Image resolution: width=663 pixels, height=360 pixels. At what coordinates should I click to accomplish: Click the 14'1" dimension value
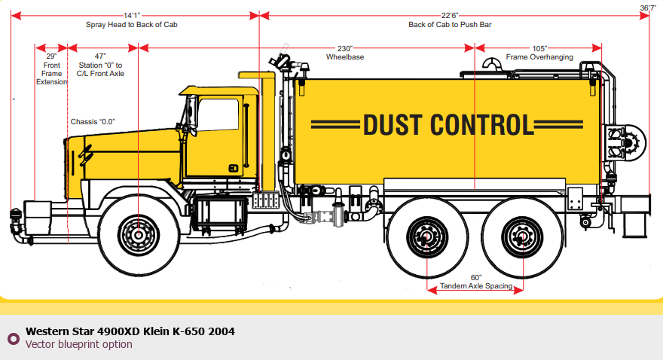(x=132, y=16)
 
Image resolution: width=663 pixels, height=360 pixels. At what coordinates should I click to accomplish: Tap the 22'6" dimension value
(x=450, y=16)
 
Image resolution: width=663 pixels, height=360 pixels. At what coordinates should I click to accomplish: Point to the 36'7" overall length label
(x=648, y=8)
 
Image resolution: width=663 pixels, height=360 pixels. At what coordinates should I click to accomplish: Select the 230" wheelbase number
(x=345, y=48)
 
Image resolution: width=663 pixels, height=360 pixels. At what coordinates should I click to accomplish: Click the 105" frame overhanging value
(x=539, y=48)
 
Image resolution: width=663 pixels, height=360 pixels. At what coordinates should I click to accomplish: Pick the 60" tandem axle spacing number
(x=476, y=278)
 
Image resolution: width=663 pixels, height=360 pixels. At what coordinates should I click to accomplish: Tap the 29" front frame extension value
(x=51, y=56)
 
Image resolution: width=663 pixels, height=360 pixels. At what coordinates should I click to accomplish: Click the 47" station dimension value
(x=100, y=56)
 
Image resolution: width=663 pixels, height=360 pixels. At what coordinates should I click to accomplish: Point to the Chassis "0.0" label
(x=93, y=122)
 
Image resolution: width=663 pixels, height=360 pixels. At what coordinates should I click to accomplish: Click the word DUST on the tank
(x=393, y=125)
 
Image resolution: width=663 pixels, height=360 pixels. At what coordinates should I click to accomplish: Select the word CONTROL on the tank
(x=482, y=125)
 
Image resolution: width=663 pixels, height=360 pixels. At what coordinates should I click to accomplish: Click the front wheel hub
(x=139, y=235)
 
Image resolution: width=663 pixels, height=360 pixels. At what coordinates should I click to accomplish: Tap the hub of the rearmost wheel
(x=523, y=236)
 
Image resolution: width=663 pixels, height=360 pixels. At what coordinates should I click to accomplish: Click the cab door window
(x=218, y=115)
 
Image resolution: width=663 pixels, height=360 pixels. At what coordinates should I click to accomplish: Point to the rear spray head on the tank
(x=627, y=143)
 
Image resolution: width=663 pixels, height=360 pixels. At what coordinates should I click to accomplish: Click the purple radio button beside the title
(x=14, y=338)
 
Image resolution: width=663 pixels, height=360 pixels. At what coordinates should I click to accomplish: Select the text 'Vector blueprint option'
(x=78, y=344)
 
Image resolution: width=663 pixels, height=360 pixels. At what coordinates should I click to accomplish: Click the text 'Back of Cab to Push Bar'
(x=450, y=25)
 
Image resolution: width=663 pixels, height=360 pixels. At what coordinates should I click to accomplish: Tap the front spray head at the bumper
(x=16, y=221)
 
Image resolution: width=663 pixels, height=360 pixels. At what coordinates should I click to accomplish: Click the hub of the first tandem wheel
(x=427, y=236)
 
